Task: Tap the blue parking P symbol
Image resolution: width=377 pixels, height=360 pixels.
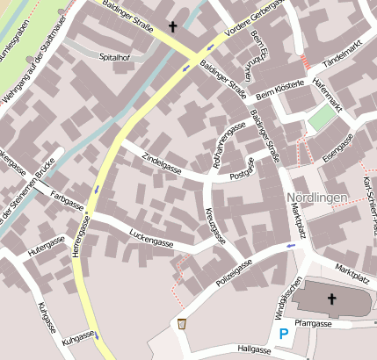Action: coord(283,334)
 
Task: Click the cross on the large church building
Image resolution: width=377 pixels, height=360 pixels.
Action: coord(332,300)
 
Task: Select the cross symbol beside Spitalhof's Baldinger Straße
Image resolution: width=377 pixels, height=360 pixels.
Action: coord(173,27)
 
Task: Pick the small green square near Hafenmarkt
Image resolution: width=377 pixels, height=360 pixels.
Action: coord(323,118)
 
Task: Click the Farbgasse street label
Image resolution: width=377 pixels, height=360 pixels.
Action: coord(67,199)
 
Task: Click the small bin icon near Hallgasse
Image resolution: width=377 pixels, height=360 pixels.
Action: coord(181,324)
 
